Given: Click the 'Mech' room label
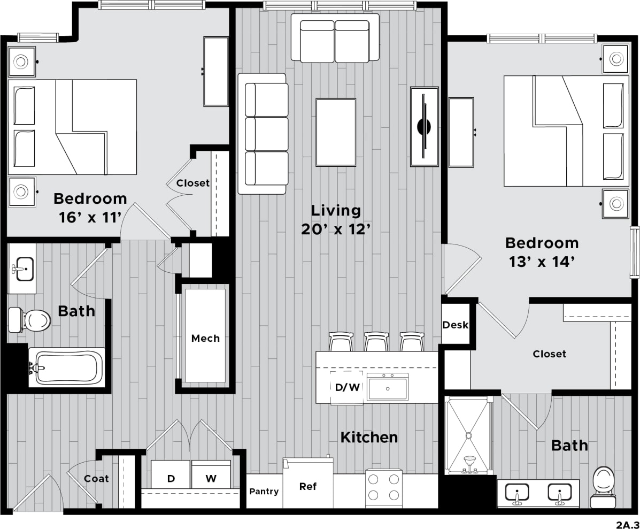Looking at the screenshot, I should pos(205,338).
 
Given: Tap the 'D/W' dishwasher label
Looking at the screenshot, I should pos(347,387).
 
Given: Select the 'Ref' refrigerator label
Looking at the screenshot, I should pos(307,486).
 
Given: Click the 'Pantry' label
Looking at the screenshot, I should pos(264,491).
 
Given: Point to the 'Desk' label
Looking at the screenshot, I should pos(455,325).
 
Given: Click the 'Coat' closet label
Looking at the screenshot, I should pos(96,479).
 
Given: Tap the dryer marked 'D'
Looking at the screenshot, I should pos(171,478).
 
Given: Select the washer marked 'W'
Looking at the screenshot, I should pos(211,478).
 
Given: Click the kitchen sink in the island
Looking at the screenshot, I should pos(388,387).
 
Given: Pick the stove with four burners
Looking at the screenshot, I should pos(384,488).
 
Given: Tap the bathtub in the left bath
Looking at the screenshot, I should pos(65,367).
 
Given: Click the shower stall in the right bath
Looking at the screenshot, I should pos(468,434).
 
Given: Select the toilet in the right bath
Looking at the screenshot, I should pos(604,485).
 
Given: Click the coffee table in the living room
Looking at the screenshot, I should pos(336,132).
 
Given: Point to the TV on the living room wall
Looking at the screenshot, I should pos(424,127).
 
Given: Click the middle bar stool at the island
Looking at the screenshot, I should pos(376,341).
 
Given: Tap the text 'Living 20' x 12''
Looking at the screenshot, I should pos(336,219).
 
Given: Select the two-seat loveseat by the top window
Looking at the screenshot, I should pos(335,39).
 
